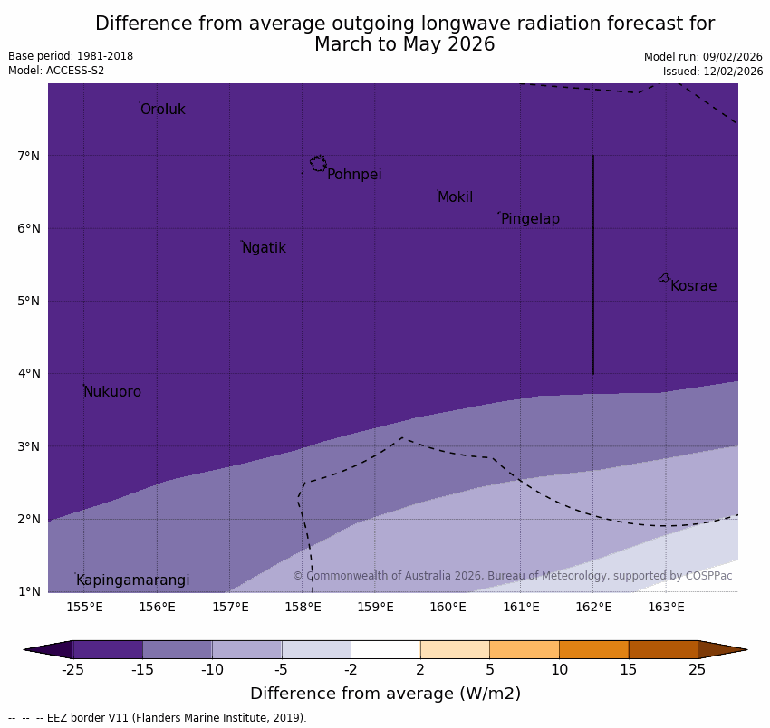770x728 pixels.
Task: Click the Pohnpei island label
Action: tap(354, 175)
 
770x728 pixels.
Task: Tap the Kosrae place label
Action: tap(693, 286)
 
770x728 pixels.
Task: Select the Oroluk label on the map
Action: tap(162, 110)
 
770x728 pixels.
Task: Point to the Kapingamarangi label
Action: tap(132, 580)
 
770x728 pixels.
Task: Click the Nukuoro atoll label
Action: tap(112, 392)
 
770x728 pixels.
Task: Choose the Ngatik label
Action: tap(264, 248)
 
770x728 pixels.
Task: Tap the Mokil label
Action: tap(455, 197)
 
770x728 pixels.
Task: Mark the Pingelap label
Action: tap(530, 219)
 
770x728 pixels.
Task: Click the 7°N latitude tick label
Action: tap(28, 156)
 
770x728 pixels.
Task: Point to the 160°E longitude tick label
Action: tap(448, 607)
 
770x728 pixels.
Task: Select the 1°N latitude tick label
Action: tap(28, 591)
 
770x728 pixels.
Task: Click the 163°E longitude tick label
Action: tap(666, 607)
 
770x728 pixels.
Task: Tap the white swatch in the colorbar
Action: tap(385, 649)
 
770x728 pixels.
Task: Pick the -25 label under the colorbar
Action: tap(72, 670)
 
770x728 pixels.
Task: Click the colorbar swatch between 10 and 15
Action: tap(593, 649)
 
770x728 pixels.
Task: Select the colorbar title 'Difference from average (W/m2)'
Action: tap(385, 694)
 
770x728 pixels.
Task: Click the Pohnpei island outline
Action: tap(318, 164)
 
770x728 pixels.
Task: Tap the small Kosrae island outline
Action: tap(664, 278)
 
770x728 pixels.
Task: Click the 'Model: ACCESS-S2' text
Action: tap(56, 71)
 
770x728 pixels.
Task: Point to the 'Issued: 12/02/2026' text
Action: tap(712, 72)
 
